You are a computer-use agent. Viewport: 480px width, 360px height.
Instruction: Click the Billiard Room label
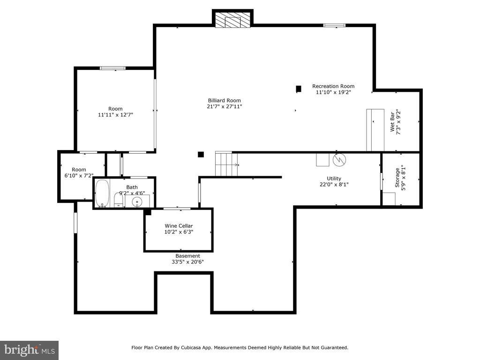click(225, 100)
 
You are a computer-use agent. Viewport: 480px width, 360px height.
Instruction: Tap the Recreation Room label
click(333, 86)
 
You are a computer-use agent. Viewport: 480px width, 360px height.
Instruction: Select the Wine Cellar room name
click(179, 226)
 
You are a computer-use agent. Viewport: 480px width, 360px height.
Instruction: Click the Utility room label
click(334, 179)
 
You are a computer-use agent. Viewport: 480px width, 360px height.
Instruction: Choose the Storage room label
click(397, 178)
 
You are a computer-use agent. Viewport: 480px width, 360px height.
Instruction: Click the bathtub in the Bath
click(102, 194)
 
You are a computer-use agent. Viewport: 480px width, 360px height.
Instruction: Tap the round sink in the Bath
click(137, 202)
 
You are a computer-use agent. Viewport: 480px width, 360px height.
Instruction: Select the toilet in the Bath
click(118, 201)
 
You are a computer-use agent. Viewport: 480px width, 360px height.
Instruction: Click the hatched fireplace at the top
click(232, 20)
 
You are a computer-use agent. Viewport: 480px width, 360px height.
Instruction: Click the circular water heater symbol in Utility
click(339, 159)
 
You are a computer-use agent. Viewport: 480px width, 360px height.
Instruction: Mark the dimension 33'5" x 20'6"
click(187, 262)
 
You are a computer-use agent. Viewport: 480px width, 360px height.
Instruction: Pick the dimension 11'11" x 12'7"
click(115, 115)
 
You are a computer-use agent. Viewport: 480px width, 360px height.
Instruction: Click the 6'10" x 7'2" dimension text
click(79, 176)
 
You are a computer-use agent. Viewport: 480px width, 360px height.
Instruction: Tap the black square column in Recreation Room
click(299, 89)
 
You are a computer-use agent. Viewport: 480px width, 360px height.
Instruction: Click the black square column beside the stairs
click(201, 155)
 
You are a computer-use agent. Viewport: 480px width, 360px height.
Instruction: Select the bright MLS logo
click(30, 350)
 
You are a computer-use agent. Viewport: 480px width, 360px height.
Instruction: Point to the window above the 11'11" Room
click(113, 68)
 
